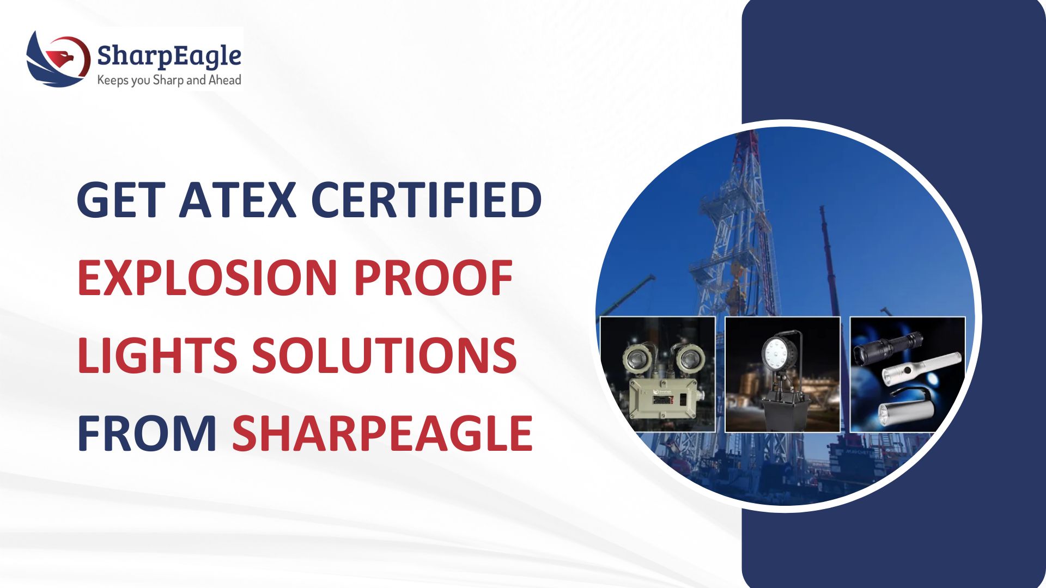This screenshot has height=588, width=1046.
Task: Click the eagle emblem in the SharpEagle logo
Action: (58, 59)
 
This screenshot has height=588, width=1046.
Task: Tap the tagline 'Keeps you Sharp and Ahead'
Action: (169, 80)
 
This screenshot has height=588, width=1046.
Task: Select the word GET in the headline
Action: (121, 200)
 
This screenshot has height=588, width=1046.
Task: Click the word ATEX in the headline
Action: (238, 200)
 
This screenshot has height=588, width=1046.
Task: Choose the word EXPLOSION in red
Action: (208, 277)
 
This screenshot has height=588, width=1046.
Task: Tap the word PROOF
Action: (433, 277)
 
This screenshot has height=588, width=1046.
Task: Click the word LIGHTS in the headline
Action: (157, 355)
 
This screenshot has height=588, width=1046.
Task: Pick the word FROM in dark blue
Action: (147, 433)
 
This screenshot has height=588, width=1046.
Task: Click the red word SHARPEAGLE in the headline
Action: (382, 433)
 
